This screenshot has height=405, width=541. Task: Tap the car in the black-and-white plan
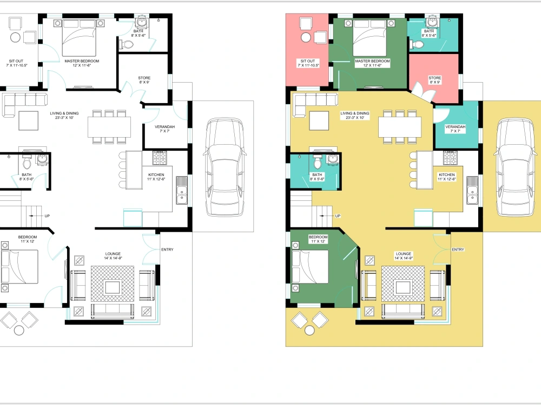[x=223, y=167]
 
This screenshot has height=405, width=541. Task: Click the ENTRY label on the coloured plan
[x=458, y=249]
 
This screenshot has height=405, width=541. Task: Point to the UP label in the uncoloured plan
[x=47, y=216]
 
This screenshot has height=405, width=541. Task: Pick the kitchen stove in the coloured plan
[x=451, y=158]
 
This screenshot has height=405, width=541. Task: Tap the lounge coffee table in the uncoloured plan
[x=113, y=286]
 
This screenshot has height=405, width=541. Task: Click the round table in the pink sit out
[x=306, y=37]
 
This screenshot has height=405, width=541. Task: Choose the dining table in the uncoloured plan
[x=109, y=126]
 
